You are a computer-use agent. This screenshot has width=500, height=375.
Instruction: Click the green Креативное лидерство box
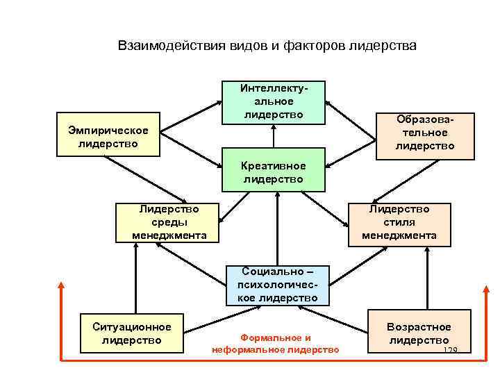tap(274, 172)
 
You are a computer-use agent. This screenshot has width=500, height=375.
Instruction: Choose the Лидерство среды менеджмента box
tap(169, 222)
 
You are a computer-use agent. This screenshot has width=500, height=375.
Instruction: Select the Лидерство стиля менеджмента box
tap(399, 222)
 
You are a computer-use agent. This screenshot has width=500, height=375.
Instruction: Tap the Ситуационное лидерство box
tap(131, 333)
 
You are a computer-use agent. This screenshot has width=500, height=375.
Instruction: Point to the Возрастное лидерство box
tap(419, 333)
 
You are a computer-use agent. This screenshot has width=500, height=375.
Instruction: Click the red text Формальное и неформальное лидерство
tap(276, 343)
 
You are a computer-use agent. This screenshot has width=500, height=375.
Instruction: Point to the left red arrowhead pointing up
tap(62, 285)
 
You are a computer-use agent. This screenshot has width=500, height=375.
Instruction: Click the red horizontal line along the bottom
tap(271, 360)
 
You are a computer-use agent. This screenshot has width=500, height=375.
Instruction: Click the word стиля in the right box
tap(399, 222)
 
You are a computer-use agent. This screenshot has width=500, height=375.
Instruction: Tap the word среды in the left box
tap(169, 222)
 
